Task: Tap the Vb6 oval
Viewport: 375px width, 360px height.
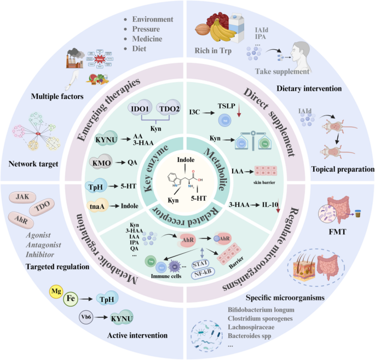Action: (x=87, y=317)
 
